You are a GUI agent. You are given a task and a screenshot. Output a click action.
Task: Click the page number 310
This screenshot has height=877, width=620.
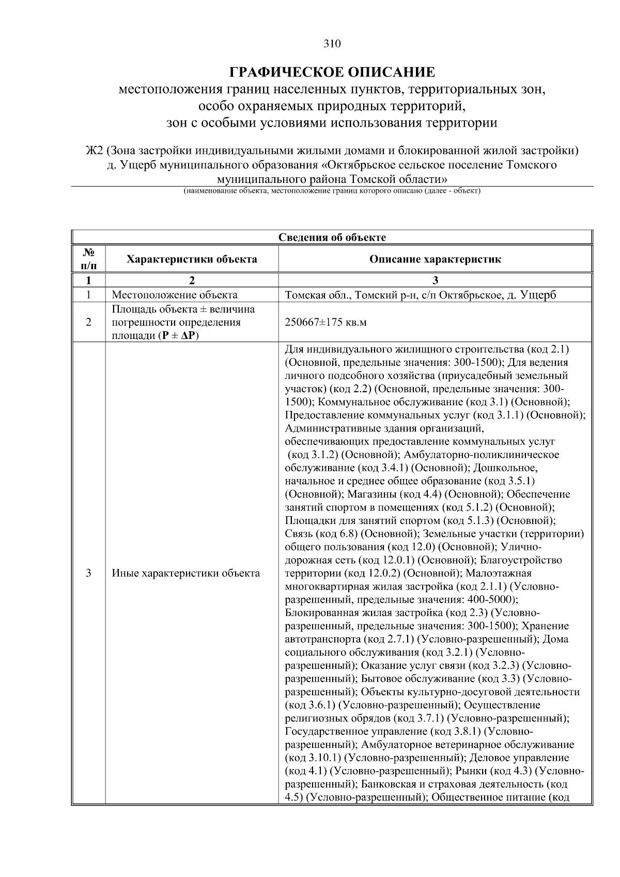[332, 44]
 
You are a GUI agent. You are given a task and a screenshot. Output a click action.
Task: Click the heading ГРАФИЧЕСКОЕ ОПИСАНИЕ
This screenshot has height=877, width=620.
[332, 72]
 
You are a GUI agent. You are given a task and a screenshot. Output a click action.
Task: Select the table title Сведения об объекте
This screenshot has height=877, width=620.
[332, 237]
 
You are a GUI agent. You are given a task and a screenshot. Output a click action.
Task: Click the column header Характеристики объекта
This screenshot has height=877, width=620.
[192, 259]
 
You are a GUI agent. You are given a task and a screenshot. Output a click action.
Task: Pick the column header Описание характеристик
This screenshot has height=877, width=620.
[435, 259]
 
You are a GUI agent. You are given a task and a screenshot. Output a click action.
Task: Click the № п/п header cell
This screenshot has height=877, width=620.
[89, 259]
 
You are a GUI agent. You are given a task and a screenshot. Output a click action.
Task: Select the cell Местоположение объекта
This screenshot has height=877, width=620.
[175, 295]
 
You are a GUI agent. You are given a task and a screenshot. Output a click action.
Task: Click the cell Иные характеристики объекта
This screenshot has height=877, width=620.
[186, 573]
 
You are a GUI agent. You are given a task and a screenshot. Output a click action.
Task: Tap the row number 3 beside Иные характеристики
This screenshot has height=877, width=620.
[89, 573]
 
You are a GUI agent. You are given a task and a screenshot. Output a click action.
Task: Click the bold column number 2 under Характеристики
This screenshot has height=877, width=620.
[192, 281]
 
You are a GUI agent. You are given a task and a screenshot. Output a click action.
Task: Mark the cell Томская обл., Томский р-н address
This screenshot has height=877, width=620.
[420, 295]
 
